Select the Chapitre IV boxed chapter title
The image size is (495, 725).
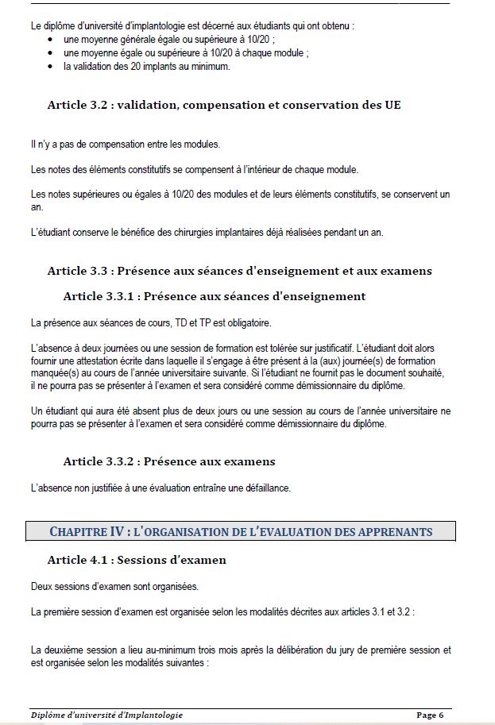coord(242,531)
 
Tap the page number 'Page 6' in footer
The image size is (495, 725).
coord(430,715)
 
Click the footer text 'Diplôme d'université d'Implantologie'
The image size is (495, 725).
coord(107,715)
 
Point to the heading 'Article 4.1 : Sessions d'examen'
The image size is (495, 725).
coord(137,560)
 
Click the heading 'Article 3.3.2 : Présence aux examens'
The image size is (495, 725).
coord(169,461)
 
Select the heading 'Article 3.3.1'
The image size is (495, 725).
coord(100,296)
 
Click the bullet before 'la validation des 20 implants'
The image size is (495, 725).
coord(52,67)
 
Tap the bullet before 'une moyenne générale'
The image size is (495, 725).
coord(52,39)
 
